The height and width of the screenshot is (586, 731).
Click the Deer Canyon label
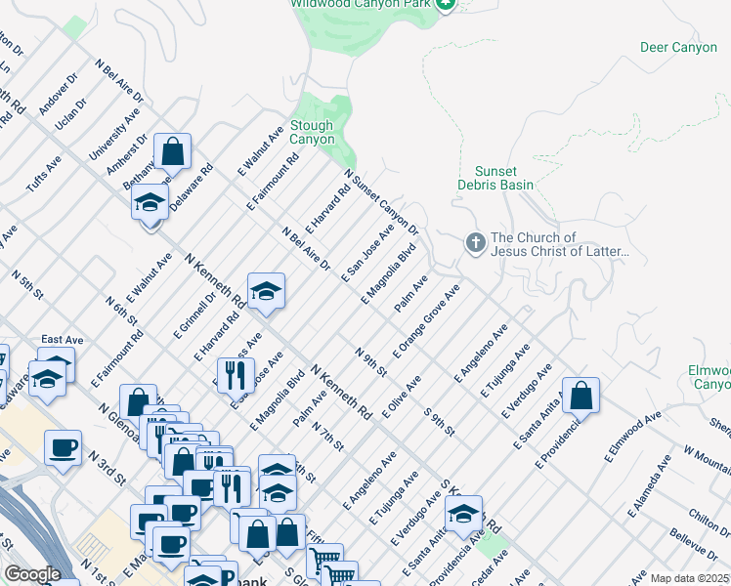point(678,47)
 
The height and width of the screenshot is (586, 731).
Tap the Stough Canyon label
point(312,133)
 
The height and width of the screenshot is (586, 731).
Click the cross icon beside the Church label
point(475,241)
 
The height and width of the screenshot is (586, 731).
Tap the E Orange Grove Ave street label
point(426,321)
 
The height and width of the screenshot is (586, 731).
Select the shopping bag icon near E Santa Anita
point(580,395)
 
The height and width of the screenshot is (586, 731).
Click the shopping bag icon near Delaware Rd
point(172,151)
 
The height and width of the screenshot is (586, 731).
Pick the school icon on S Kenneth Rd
point(465,511)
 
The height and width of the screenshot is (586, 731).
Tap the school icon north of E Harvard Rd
point(265,290)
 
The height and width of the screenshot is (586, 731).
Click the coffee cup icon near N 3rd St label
point(64,447)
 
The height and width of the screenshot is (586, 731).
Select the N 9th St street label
point(371,361)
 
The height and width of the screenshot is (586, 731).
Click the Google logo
point(33,574)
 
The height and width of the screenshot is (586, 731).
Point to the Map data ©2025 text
point(689,578)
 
